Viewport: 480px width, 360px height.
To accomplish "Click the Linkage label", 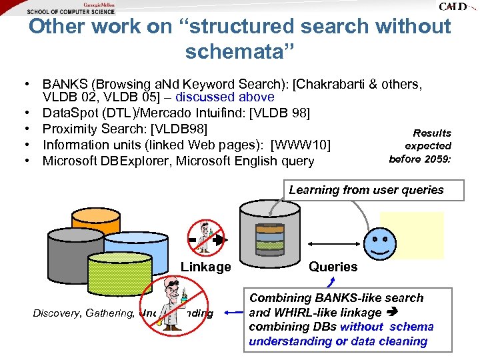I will click(x=205, y=267).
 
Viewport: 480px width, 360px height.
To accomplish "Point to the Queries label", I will click(x=333, y=267).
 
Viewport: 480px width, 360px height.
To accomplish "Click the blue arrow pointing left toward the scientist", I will click(x=233, y=311).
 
